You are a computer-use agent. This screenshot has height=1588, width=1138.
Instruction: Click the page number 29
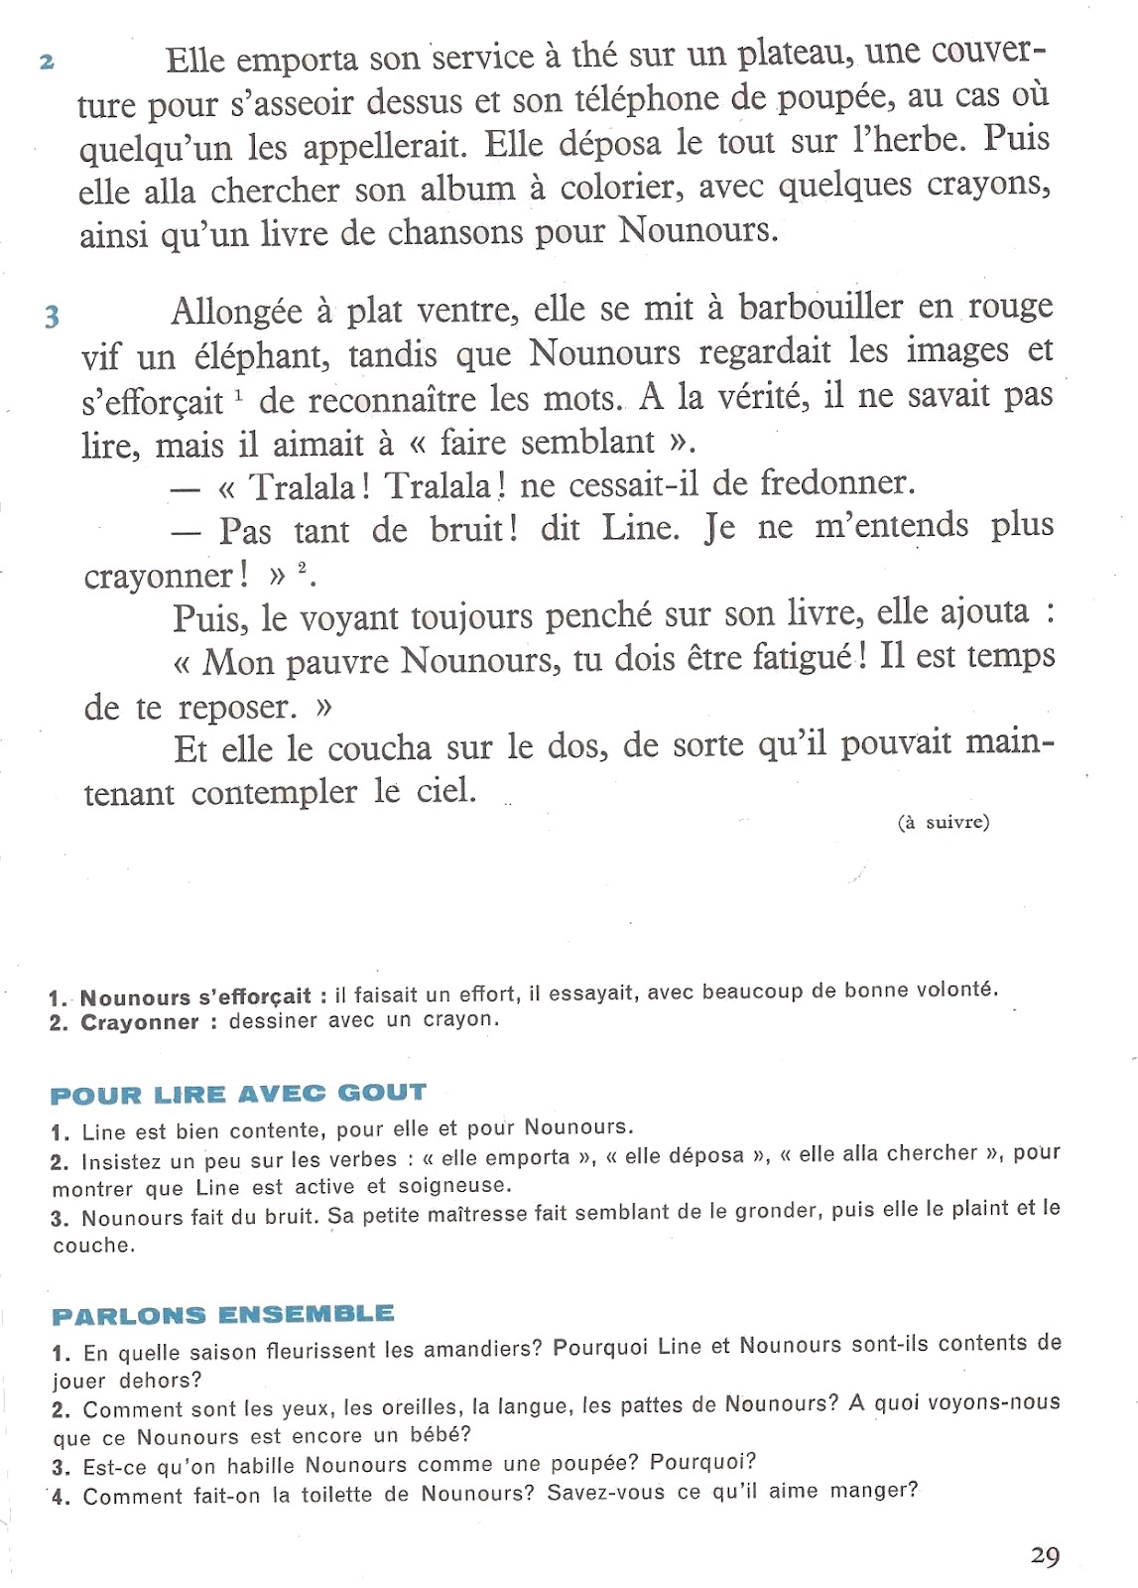click(x=1045, y=1555)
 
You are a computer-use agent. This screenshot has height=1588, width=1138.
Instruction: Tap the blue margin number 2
click(x=47, y=63)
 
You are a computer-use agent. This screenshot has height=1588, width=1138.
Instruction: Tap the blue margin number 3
click(x=52, y=317)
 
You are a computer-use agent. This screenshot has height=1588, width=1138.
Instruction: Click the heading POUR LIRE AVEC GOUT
click(x=238, y=1095)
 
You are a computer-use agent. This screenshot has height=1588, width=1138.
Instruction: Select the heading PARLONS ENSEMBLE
click(x=223, y=1315)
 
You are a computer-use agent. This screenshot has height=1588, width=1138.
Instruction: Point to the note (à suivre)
click(x=944, y=822)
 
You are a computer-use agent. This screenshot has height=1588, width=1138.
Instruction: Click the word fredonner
click(x=835, y=483)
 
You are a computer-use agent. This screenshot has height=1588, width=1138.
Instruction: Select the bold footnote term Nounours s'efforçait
click(x=195, y=996)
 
